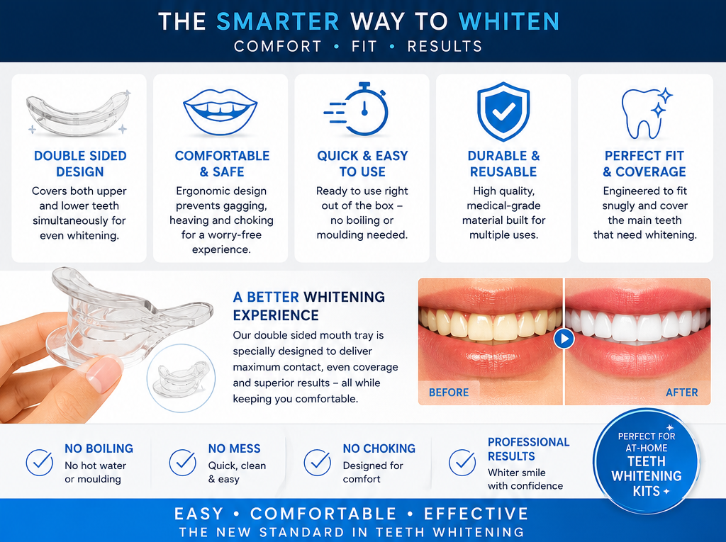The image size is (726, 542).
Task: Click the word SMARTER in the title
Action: [x=278, y=21]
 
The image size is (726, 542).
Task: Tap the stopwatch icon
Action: [x=357, y=110]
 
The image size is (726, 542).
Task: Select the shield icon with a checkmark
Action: [x=503, y=111]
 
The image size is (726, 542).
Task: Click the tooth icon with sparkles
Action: [x=646, y=113]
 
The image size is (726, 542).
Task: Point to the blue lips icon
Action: [x=220, y=112]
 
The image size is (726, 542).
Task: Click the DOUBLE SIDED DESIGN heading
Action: [x=80, y=164]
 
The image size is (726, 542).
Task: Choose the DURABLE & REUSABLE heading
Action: [x=503, y=164]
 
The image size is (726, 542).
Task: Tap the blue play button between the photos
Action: [x=564, y=339]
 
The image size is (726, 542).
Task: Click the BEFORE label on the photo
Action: [x=449, y=393]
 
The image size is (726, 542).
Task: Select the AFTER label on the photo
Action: [x=681, y=393]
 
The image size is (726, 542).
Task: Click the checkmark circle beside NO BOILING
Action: [x=40, y=463]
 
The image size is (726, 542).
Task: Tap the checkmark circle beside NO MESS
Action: [x=182, y=463]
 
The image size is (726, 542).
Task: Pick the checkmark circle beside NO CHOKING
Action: [x=317, y=463]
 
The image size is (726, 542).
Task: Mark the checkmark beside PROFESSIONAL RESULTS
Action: [x=462, y=463]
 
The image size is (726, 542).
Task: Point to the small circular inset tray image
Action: [x=181, y=378]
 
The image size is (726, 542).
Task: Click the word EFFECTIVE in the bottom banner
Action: [x=476, y=514]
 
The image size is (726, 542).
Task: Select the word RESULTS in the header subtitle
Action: [x=445, y=46]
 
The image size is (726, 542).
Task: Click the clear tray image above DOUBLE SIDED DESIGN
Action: [x=79, y=113]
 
